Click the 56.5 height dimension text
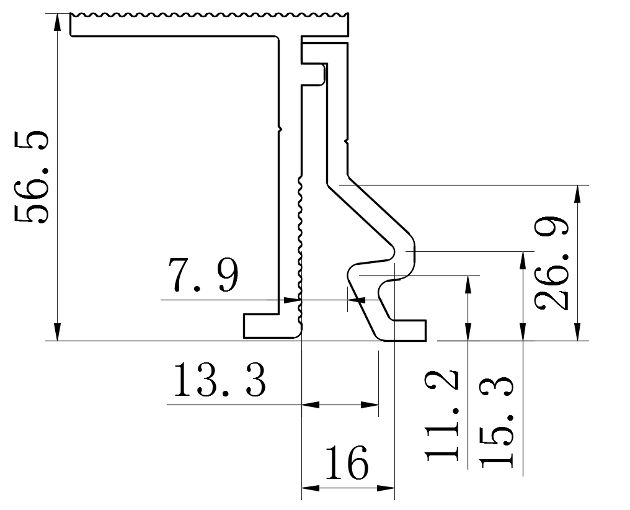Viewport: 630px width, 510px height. [32, 177]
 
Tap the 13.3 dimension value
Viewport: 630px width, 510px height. [220, 381]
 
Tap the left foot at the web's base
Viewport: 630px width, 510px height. [260, 326]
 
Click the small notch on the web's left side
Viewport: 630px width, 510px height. [280, 129]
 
